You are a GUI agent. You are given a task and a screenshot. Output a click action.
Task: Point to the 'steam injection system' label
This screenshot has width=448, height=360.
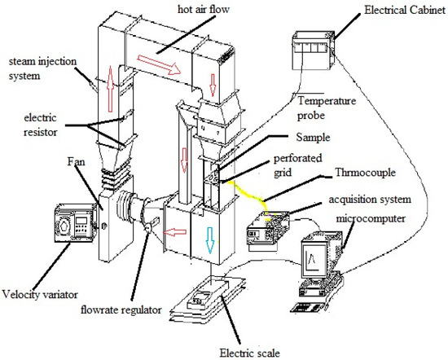coord(37,68)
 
